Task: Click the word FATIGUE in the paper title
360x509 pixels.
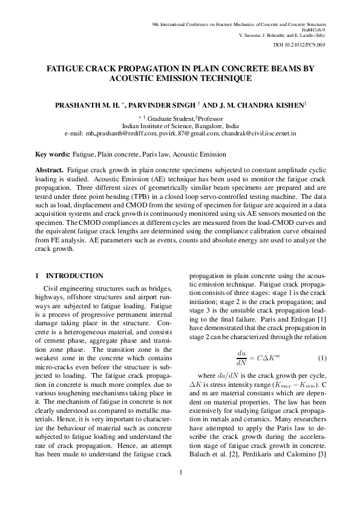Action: click(69, 68)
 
